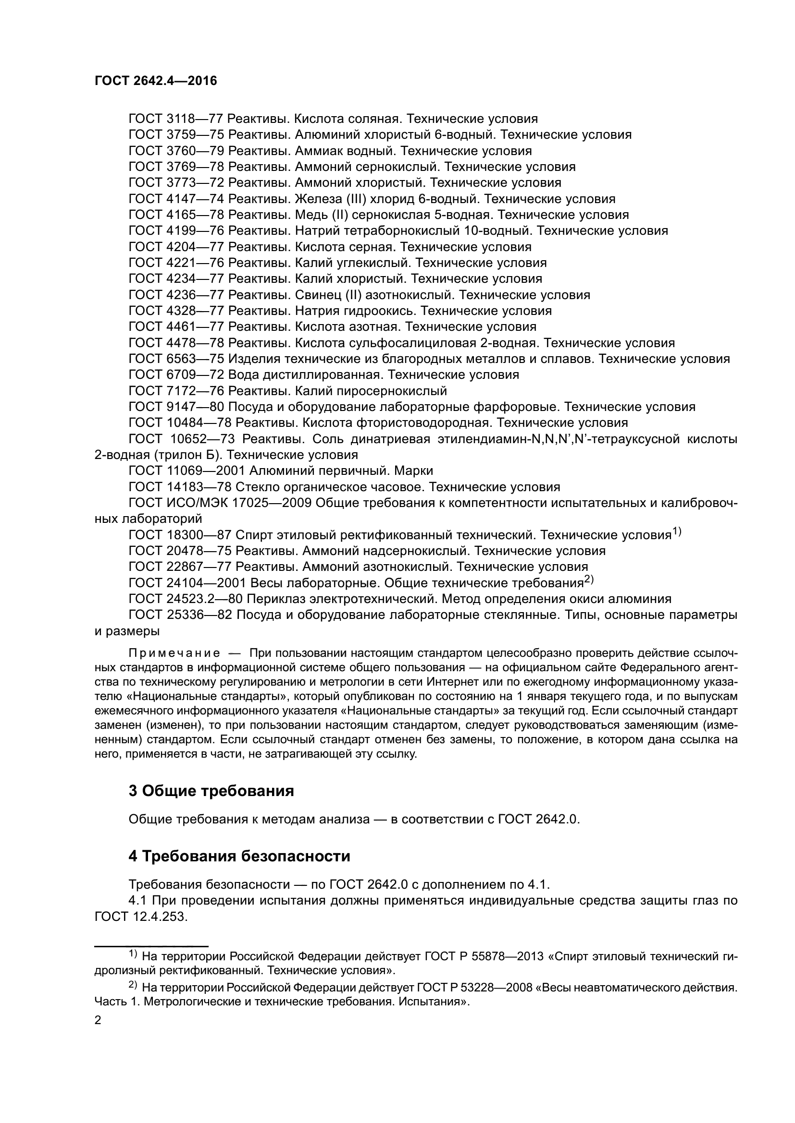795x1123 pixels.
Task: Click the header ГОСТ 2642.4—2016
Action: pyautogui.click(x=156, y=81)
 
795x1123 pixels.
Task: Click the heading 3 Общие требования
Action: pyautogui.click(x=211, y=791)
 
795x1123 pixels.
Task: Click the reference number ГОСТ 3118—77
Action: pyautogui.click(x=176, y=119)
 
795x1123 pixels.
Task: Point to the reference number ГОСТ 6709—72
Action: pyautogui.click(x=176, y=375)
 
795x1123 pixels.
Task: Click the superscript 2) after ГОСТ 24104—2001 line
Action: pyautogui.click(x=588, y=580)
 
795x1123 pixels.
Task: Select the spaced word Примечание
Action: pyautogui.click(x=174, y=653)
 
